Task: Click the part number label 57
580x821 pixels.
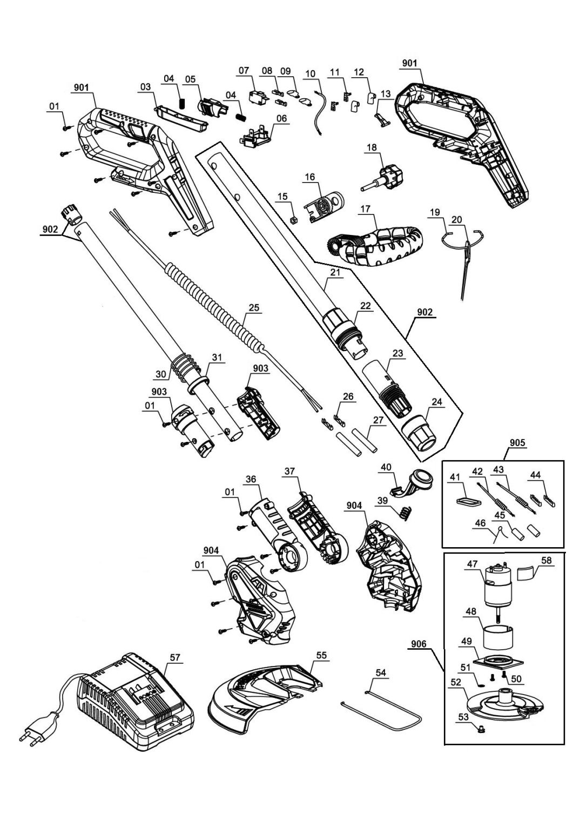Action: [176, 657]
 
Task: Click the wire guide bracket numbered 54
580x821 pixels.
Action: [383, 710]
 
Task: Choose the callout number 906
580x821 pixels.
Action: [419, 644]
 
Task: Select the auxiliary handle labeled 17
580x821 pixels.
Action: [375, 240]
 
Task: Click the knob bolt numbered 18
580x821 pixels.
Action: [383, 175]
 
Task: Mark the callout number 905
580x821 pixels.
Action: [517, 442]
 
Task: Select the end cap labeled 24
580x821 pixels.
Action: [420, 433]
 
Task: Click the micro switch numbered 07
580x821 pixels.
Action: [257, 98]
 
